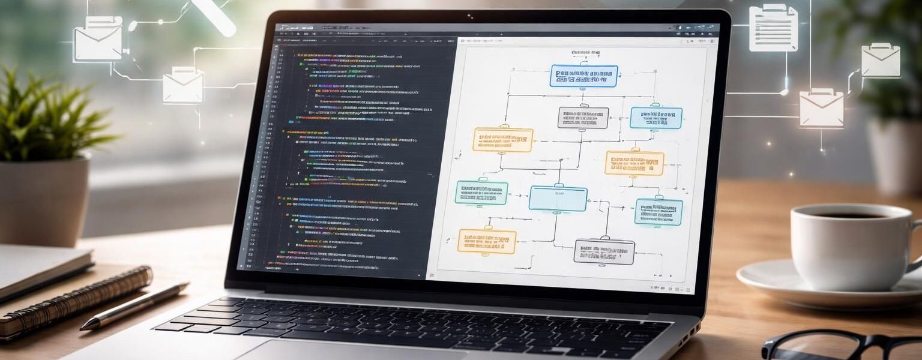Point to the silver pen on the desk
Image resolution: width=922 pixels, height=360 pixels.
coord(134,305)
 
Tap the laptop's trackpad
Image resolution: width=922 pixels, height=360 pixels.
coord(336,352)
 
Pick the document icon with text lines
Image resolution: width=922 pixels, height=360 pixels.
coord(773,28)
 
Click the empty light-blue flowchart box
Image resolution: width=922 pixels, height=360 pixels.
coord(558,199)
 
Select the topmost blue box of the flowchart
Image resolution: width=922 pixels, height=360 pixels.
coord(583,76)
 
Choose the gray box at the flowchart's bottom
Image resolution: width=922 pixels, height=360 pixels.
coord(604,252)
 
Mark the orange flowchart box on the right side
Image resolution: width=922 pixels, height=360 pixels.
coord(634,163)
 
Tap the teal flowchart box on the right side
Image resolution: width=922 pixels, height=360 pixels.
coord(658,212)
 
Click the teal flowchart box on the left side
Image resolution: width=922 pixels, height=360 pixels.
coord(481,192)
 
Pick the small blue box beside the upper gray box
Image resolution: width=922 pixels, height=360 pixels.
coord(655,118)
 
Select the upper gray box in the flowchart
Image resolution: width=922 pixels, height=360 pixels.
coord(583,118)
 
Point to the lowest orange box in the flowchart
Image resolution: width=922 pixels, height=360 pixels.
coord(487,241)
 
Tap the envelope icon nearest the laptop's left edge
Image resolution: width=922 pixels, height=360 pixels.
coord(183,85)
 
